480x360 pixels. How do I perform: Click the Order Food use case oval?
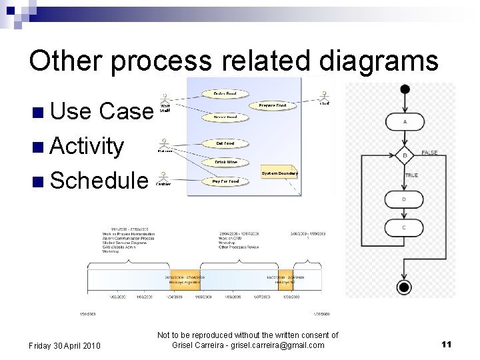[225, 94]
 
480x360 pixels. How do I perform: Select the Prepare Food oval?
[272, 105]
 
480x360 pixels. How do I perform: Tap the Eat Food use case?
[225, 143]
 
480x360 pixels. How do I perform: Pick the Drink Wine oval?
[225, 162]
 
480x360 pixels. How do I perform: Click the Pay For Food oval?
[225, 181]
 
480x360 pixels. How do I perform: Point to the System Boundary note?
[279, 173]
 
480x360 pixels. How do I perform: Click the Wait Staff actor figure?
[164, 98]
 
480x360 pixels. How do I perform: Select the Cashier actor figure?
[163, 176]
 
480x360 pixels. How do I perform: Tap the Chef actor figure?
[324, 96]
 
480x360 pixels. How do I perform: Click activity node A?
[405, 123]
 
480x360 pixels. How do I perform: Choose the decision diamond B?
[405, 155]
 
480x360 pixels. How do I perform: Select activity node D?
[405, 199]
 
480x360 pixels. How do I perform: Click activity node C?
[405, 227]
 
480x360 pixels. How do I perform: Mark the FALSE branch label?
[430, 153]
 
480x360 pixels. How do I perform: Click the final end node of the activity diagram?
[404, 287]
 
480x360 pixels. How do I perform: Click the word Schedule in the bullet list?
[99, 180]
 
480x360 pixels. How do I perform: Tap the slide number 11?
[447, 344]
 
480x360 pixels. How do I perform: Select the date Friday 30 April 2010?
[65, 345]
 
